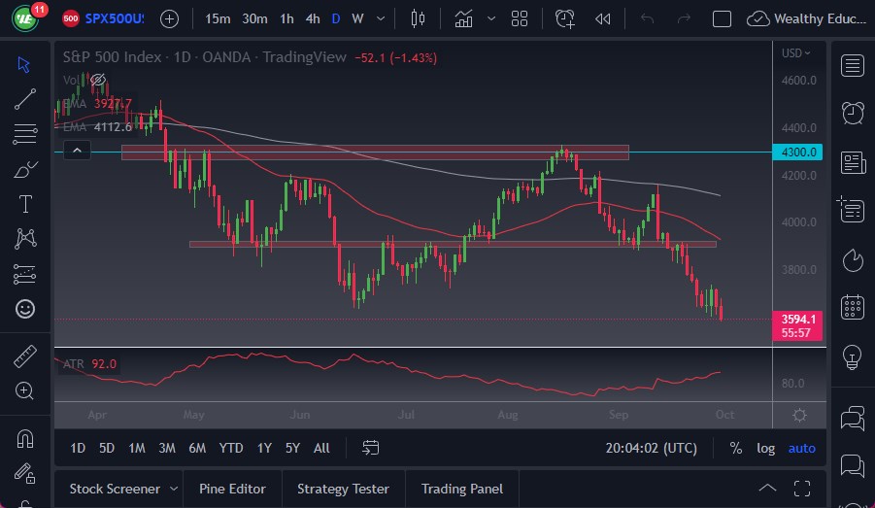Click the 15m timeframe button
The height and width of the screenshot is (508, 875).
pyautogui.click(x=219, y=18)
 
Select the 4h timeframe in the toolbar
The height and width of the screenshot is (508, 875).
pyautogui.click(x=312, y=18)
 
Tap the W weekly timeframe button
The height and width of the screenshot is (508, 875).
pyautogui.click(x=357, y=18)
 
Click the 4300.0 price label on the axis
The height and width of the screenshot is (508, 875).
pyautogui.click(x=799, y=152)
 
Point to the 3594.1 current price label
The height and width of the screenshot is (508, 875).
pyautogui.click(x=799, y=319)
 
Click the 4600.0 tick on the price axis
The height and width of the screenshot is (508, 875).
pyautogui.click(x=799, y=81)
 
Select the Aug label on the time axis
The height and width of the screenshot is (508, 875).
pyautogui.click(x=507, y=415)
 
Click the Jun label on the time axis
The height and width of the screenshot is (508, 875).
pyautogui.click(x=300, y=415)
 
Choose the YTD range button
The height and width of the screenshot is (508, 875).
pyautogui.click(x=231, y=448)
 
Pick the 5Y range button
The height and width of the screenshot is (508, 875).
pyautogui.click(x=292, y=448)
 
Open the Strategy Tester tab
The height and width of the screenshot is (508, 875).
pyautogui.click(x=343, y=489)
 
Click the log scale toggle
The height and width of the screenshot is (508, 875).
pyautogui.click(x=766, y=448)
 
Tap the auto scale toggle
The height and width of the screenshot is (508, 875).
pyautogui.click(x=801, y=448)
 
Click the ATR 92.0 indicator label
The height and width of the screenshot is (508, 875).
pyautogui.click(x=89, y=364)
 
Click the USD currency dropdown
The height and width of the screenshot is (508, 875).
pyautogui.click(x=796, y=53)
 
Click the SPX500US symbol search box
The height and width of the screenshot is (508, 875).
pyautogui.click(x=113, y=18)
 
